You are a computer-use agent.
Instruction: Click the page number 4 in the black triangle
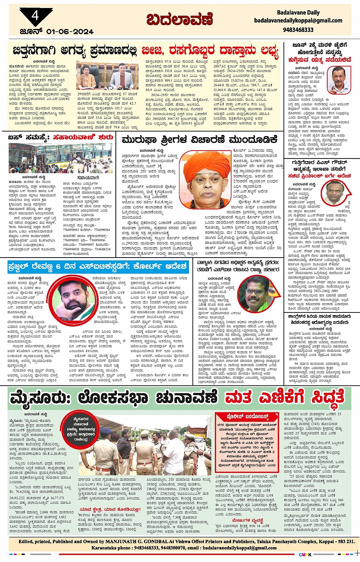[35, 16]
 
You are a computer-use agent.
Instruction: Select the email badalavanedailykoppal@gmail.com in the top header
[298, 21]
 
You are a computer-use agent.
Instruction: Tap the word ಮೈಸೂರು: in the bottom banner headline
[40, 398]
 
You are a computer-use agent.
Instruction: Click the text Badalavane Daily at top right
[298, 12]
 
